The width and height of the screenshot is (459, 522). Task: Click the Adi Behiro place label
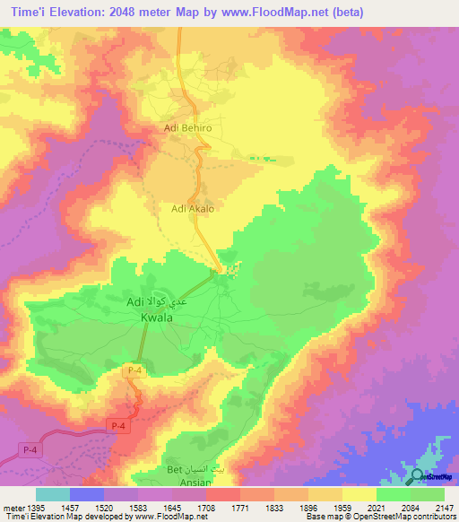coord(187,128)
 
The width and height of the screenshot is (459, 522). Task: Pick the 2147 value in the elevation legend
coord(444,508)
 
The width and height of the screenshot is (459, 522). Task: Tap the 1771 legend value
coord(239,508)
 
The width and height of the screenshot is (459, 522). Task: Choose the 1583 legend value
coord(139,508)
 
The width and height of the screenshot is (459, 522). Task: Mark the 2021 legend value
coord(376,508)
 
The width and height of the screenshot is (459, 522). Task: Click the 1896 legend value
coord(307,508)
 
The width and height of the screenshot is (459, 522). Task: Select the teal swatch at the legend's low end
coord(53,494)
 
